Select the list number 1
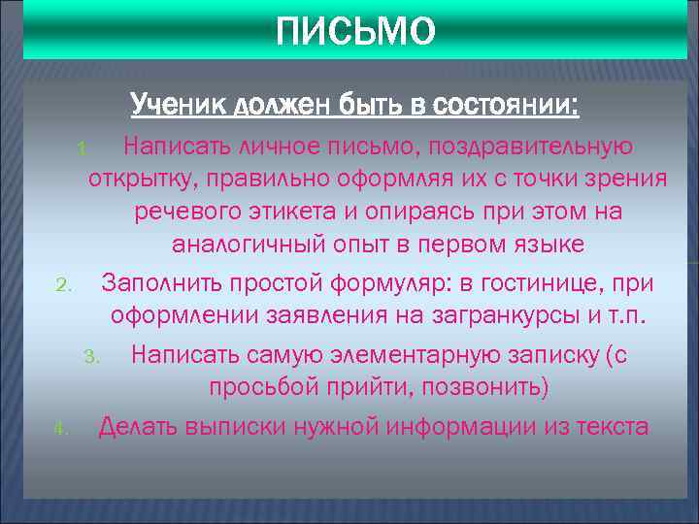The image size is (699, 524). pos(83,149)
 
